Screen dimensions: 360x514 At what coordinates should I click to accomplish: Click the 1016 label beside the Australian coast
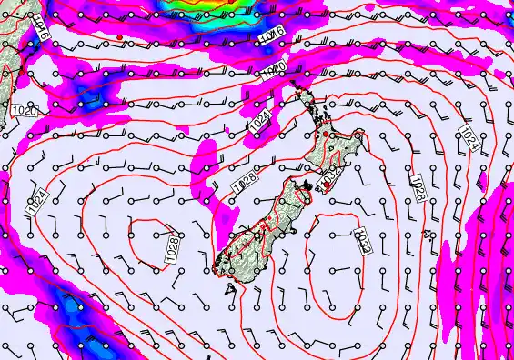pos(41,34)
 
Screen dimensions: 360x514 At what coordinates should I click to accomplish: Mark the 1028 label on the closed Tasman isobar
pos(170,245)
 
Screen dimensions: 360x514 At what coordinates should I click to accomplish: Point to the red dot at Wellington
pos(317,185)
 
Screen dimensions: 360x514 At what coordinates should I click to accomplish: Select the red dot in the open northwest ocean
pos(120,36)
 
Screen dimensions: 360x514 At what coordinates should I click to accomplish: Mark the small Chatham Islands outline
pos(427,235)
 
